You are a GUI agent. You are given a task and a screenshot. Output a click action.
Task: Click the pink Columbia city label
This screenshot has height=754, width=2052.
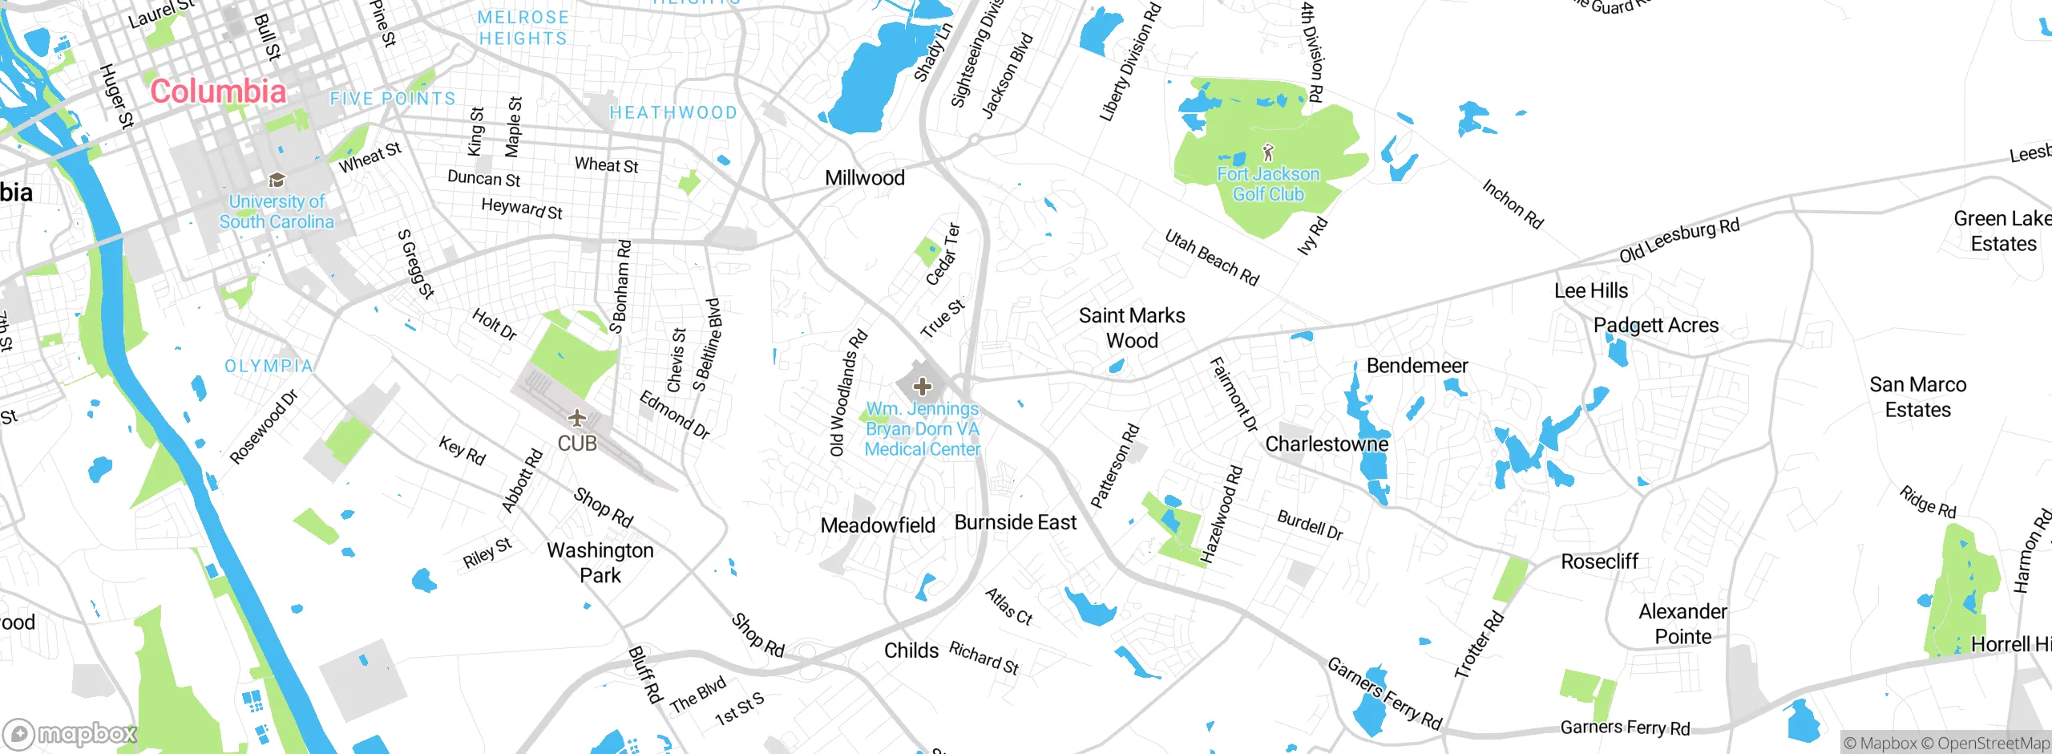[x=218, y=91]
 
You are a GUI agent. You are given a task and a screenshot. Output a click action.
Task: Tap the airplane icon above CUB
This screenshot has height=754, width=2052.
[x=576, y=418]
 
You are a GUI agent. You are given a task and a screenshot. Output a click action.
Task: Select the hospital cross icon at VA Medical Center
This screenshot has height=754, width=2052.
[x=922, y=387]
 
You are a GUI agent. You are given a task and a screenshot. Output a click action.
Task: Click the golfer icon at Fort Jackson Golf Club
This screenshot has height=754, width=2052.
[x=1267, y=152]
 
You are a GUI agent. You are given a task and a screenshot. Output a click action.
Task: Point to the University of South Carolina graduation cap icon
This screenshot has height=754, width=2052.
[x=277, y=180]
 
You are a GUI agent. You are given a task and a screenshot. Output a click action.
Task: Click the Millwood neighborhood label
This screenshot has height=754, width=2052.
[x=865, y=178]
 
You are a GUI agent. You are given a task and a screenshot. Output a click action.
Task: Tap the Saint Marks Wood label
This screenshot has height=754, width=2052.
[x=1132, y=328]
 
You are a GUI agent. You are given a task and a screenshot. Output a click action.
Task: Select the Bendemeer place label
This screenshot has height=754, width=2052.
[x=1417, y=366]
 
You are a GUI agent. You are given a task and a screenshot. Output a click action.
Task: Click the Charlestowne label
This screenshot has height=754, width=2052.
[x=1327, y=444]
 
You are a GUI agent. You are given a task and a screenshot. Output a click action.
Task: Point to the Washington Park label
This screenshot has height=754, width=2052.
[x=600, y=562]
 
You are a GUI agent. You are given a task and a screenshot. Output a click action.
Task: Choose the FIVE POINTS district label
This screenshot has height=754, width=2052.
[x=393, y=99]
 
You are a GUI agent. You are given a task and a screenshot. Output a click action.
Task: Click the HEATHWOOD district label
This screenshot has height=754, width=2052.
[x=673, y=113]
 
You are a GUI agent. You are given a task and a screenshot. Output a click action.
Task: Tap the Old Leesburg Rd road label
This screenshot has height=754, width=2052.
[x=1679, y=240]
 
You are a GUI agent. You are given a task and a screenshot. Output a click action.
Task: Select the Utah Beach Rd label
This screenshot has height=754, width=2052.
[x=1212, y=257]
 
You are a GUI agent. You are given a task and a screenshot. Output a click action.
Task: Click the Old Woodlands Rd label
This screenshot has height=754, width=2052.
[x=848, y=393]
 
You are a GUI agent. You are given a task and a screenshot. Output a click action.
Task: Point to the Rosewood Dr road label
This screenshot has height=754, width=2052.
[x=264, y=427]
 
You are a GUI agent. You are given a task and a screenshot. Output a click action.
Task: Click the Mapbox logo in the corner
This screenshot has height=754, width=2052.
[x=71, y=733]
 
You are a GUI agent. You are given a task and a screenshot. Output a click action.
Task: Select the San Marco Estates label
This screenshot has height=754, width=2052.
[x=1917, y=397]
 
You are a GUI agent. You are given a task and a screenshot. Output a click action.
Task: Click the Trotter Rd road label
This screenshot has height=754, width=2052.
[x=1479, y=644]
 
